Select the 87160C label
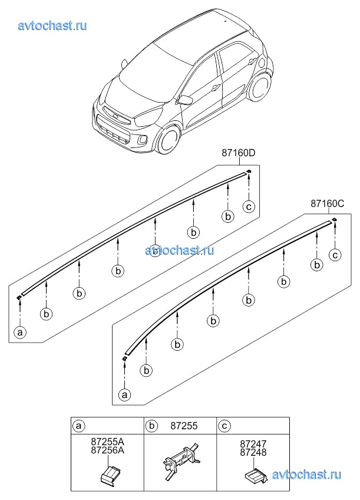(x=327, y=204)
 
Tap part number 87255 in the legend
(x=183, y=425)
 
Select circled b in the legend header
(x=151, y=425)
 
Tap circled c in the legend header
(x=224, y=425)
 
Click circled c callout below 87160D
(x=249, y=206)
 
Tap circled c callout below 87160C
(x=335, y=255)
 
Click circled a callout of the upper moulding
(x=20, y=333)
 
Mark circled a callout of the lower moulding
(x=124, y=394)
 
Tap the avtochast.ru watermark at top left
(x=52, y=25)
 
